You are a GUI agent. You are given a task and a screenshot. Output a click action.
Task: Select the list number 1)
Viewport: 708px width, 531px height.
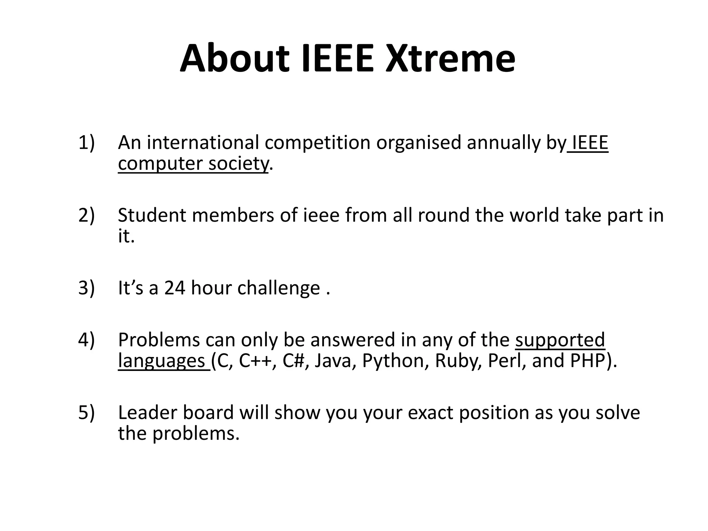tap(86, 143)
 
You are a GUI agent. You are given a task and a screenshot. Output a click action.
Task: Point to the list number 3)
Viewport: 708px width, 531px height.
tap(86, 288)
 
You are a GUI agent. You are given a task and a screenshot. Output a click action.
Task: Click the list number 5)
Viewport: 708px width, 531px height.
tap(86, 412)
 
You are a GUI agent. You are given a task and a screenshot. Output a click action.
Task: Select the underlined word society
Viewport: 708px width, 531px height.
tap(238, 164)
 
